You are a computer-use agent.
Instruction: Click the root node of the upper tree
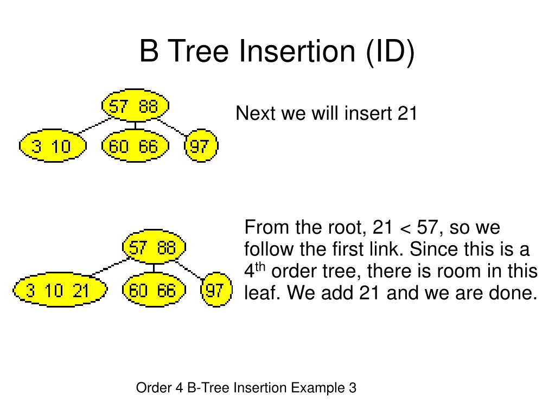pos(135,106)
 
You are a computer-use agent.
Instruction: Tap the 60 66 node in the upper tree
pos(135,146)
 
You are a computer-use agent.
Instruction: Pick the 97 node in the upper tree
pos(201,146)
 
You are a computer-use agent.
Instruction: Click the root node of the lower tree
pos(154,248)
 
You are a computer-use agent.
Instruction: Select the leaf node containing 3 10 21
pos(59,291)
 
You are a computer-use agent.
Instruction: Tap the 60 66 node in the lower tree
pos(154,291)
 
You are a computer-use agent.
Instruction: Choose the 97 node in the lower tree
pos(215,291)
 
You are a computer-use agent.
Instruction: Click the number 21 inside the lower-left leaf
pos(81,291)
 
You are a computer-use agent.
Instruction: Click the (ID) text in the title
pos(389,52)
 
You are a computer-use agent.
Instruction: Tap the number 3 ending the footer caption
pos(353,388)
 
